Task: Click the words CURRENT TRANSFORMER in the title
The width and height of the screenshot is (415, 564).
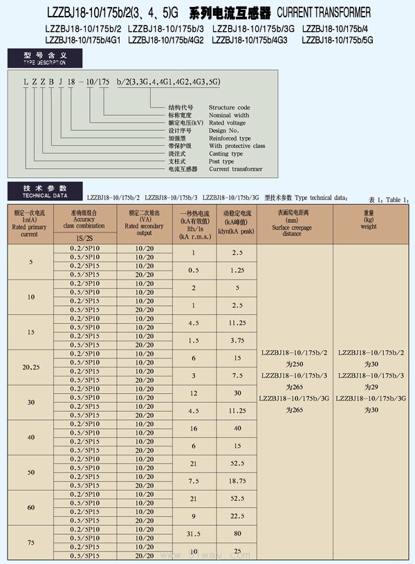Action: [324, 12]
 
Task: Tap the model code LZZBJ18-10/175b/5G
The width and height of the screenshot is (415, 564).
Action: [337, 39]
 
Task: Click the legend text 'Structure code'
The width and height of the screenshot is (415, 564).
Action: [229, 108]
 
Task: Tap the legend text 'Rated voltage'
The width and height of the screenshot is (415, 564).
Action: [227, 123]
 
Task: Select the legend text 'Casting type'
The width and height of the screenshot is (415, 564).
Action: [225, 154]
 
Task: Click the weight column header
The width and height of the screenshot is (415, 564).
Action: [369, 220]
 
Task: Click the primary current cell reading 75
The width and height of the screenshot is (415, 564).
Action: [30, 543]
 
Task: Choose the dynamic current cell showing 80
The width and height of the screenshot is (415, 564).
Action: [237, 534]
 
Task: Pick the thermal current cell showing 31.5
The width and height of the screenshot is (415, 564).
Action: [194, 534]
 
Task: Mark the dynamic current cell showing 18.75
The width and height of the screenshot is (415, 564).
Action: [237, 480]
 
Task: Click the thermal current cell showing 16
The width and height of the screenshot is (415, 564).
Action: [194, 428]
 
